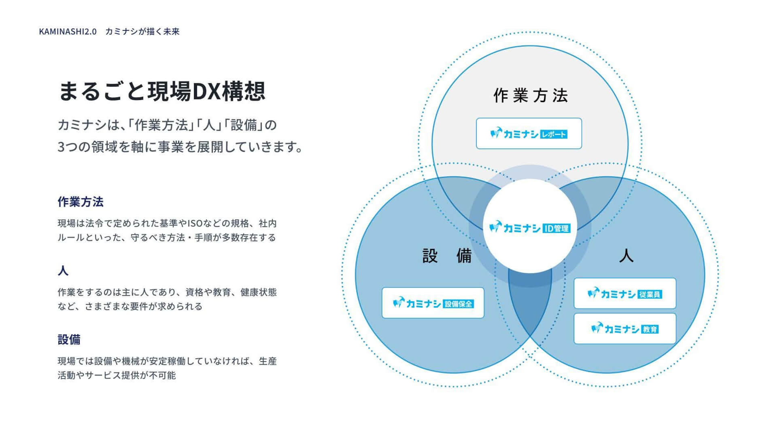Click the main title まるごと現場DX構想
(162, 91)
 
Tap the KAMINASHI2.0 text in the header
(68, 32)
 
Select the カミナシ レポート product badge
(529, 133)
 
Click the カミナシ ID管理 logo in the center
(530, 228)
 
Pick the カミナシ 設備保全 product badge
(433, 303)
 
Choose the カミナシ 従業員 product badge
(625, 293)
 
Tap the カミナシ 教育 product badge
(625, 329)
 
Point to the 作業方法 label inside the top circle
(531, 96)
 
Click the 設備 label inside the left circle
(447, 256)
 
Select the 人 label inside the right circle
(626, 255)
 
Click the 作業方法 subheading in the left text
(81, 202)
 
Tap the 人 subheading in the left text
(63, 271)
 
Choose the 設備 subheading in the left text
(69, 340)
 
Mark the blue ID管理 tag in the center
(557, 229)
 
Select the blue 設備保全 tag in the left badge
(458, 304)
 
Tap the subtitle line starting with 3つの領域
(180, 146)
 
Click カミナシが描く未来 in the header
(142, 32)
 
